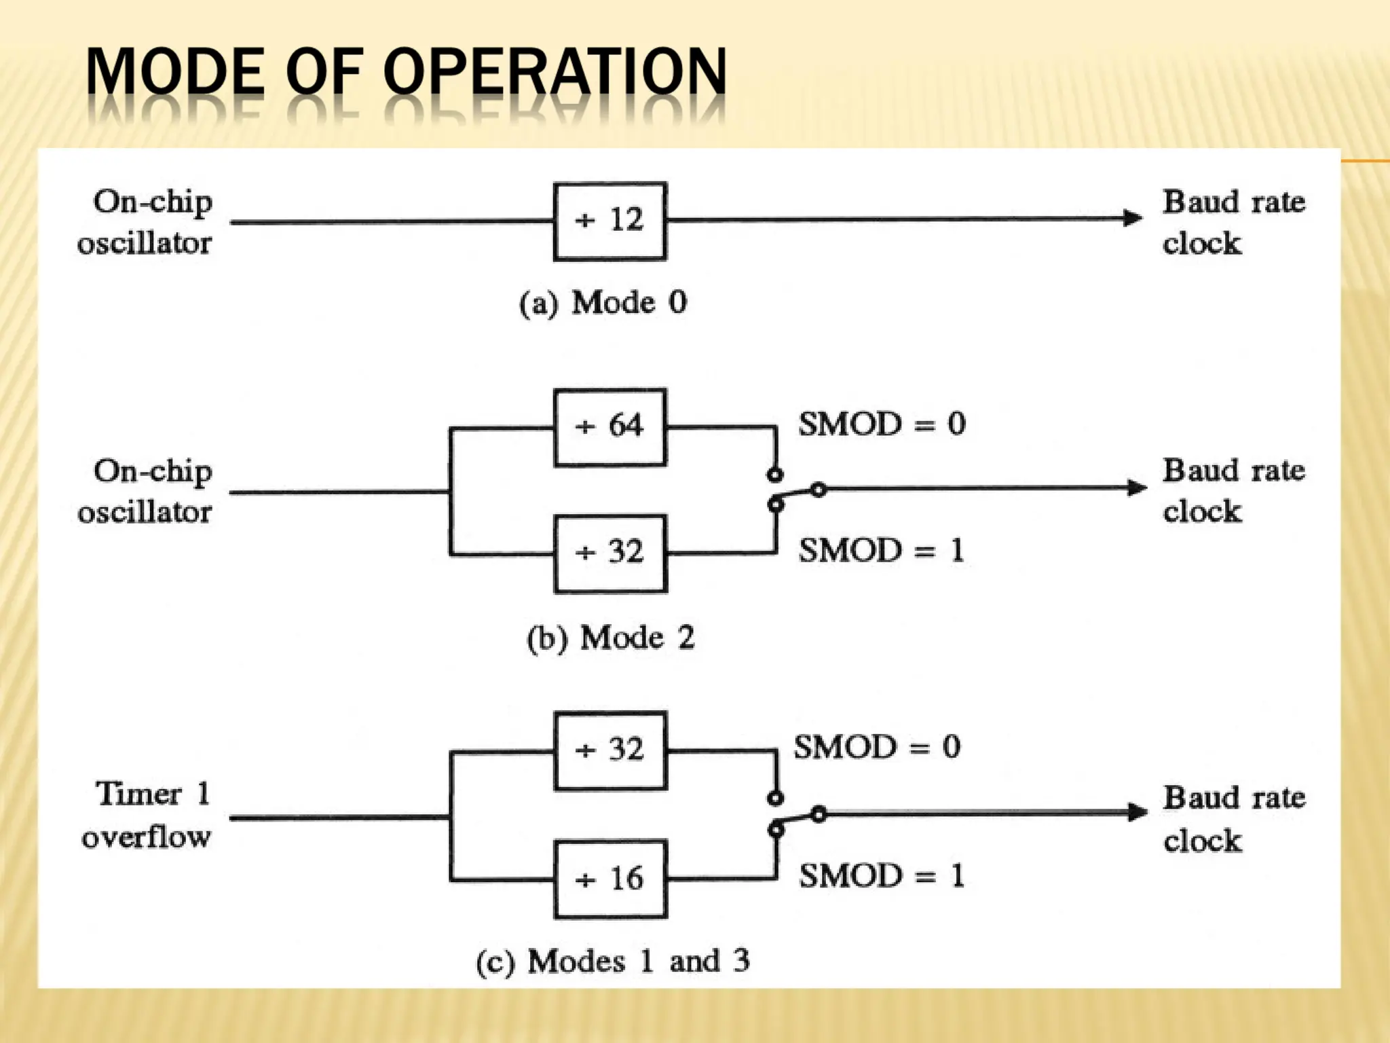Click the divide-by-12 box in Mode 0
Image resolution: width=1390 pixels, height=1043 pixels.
(609, 221)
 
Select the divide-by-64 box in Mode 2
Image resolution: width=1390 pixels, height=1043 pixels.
(609, 427)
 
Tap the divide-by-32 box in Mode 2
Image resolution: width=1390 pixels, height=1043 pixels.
(609, 553)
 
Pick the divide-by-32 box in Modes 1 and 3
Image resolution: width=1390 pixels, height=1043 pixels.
(609, 750)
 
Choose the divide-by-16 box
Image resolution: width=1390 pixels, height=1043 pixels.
(609, 879)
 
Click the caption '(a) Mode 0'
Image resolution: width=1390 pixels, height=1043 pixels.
(603, 303)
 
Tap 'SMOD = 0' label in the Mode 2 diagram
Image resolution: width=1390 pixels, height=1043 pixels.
(882, 424)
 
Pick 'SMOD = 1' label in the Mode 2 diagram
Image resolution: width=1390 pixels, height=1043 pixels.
(882, 550)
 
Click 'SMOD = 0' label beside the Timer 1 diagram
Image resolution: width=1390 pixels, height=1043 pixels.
(878, 748)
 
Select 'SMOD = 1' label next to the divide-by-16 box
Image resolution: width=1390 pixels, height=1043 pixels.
(882, 876)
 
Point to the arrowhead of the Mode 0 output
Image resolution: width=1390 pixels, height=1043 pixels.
(1132, 218)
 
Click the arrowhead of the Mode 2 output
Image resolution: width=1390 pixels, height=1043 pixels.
(1136, 488)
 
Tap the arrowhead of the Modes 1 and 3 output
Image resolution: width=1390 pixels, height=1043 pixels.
(1136, 812)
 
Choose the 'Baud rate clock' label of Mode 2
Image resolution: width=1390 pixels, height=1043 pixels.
(1233, 490)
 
